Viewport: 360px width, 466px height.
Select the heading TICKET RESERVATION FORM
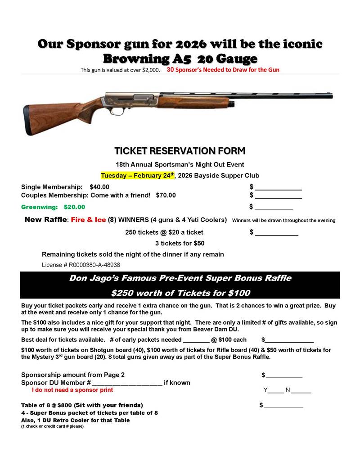tap(180, 150)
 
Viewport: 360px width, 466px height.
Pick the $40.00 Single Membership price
tap(99, 187)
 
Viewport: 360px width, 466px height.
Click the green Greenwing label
tap(39, 207)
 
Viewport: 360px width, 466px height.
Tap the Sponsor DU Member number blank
tap(127, 383)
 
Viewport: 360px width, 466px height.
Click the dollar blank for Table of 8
tap(283, 405)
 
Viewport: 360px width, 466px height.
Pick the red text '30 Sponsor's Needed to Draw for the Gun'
tap(223, 70)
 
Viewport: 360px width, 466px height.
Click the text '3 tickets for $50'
tap(180, 243)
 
